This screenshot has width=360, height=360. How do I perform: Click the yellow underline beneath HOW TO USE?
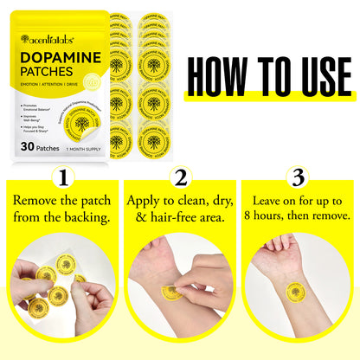pos(267,100)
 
